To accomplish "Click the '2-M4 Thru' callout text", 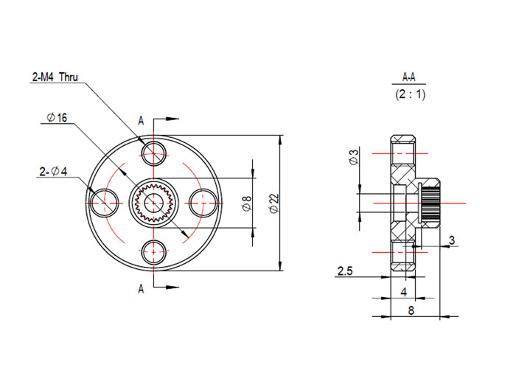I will tap(55, 77).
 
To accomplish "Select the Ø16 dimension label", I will tap(56, 118).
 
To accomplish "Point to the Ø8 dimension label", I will tap(246, 203).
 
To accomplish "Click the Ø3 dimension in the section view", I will tap(353, 157).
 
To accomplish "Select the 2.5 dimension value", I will tap(345, 271).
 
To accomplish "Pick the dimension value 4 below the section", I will tap(403, 292).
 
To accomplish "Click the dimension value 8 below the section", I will tap(411, 311).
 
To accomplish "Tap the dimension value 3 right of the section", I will tap(451, 240).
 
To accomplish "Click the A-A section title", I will tap(409, 77).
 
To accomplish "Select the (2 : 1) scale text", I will tap(409, 94).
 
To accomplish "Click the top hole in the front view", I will tap(154, 153).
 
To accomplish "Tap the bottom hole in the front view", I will tap(154, 250).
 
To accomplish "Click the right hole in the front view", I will tap(203, 201).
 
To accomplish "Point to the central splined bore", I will tap(154, 201).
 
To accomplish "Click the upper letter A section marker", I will tap(140, 120).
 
